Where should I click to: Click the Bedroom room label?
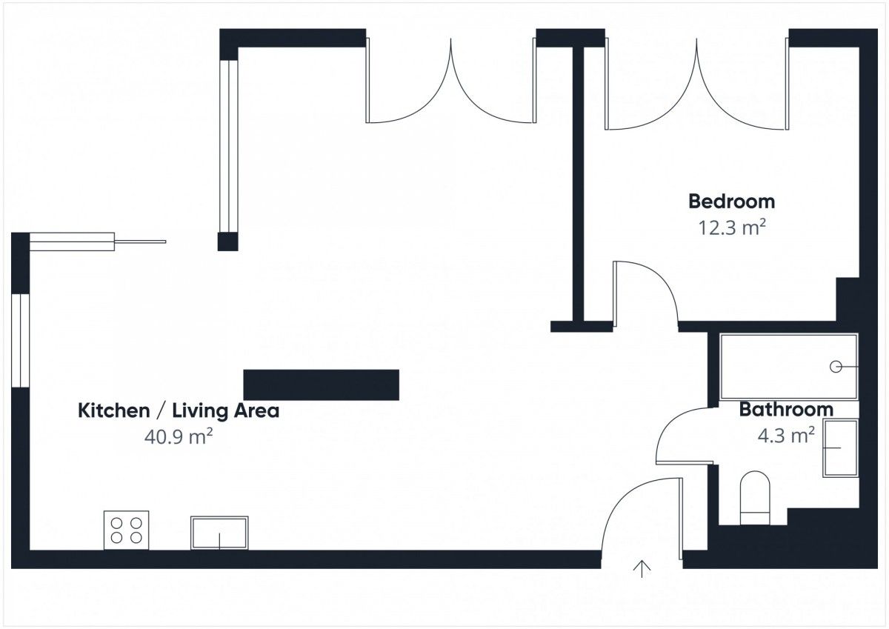coord(731,202)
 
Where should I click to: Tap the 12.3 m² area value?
coord(731,227)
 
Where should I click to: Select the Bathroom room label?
coord(786,410)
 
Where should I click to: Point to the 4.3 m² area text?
coord(786,436)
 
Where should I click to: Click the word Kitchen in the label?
coord(113,410)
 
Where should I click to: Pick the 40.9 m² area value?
coord(179,436)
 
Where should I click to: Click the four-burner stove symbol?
coord(126,530)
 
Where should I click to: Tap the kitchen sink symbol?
coord(219,533)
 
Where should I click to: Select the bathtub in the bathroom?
coord(789,367)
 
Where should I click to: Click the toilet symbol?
coord(755,498)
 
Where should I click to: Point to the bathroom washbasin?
coord(841,448)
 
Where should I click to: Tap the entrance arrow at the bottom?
coord(642,569)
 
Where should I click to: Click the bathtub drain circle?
coord(836,367)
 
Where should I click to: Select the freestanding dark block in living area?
coord(321,385)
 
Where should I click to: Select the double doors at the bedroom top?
coord(697,84)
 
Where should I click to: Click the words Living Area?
coord(226,410)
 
